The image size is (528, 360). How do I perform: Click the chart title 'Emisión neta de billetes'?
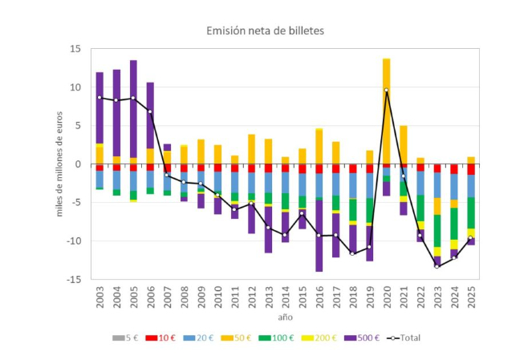263,30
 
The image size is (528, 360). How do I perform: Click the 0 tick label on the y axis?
78,164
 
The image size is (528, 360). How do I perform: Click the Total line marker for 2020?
386,90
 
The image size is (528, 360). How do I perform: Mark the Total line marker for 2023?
437,266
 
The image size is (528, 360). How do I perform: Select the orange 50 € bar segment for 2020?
386,112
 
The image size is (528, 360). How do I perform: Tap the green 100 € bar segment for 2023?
437,231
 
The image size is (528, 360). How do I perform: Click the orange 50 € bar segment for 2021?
404,144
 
